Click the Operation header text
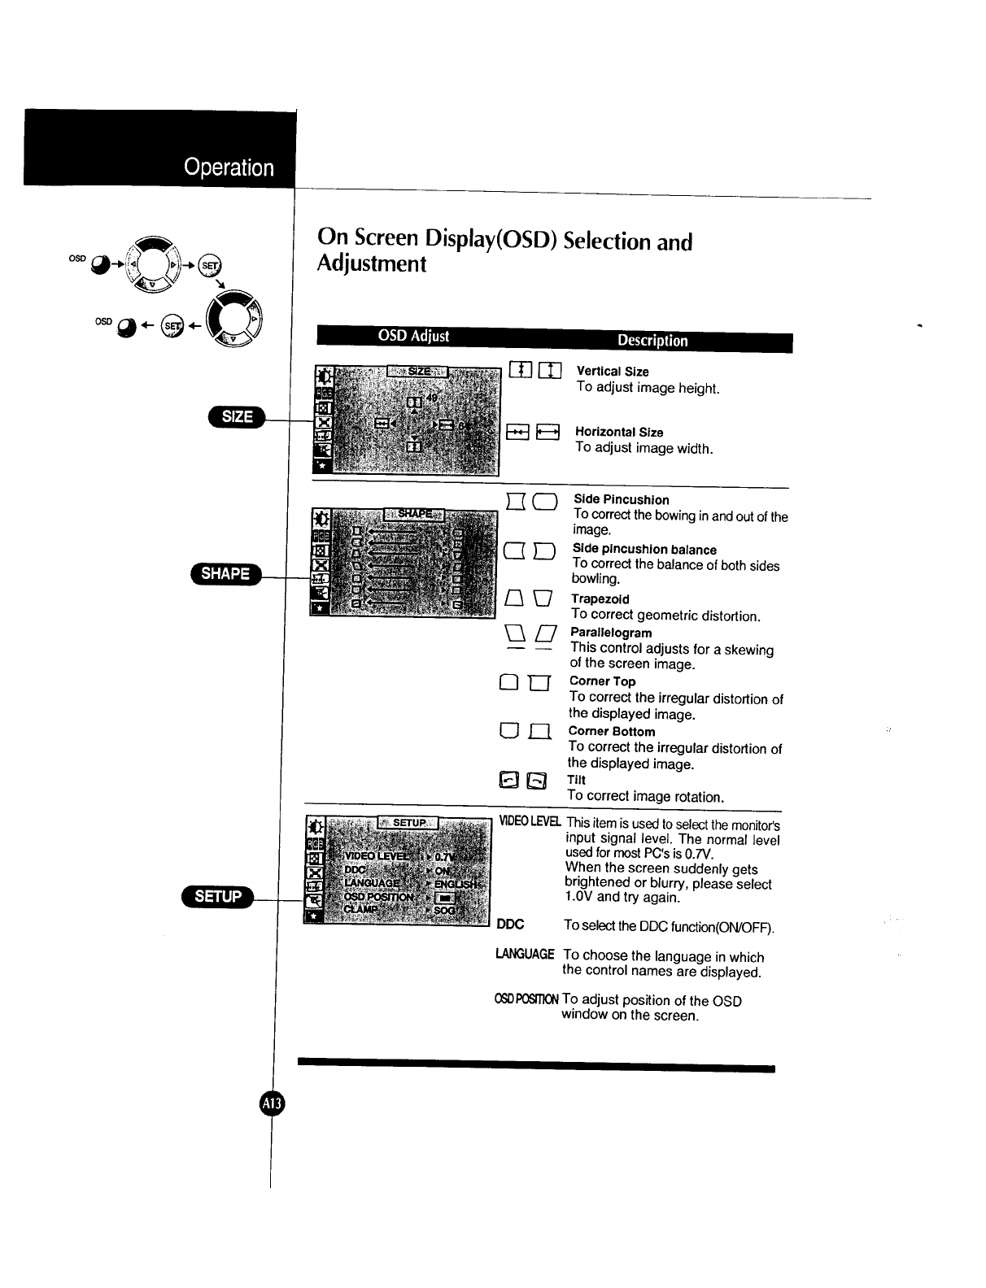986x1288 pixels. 229,168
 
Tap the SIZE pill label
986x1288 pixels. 237,417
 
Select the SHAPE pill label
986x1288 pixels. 225,573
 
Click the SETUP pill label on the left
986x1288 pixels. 218,896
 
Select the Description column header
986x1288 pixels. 652,341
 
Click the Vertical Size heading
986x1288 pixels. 613,372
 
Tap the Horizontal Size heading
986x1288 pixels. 619,433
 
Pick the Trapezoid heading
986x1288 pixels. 600,599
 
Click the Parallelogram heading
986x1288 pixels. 611,633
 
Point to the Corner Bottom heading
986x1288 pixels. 611,731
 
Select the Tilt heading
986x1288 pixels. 576,780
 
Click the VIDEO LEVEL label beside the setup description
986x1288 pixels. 530,822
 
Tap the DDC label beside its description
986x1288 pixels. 510,925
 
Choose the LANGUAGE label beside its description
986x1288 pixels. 525,954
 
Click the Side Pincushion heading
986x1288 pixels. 622,500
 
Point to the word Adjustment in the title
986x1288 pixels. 372,264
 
